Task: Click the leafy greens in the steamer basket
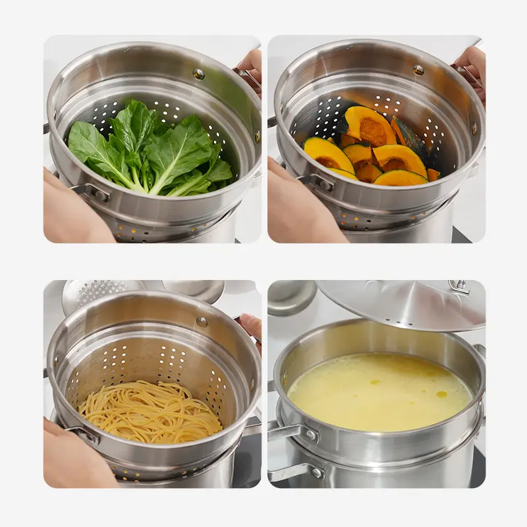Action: click(x=148, y=152)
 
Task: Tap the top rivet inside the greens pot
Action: click(x=198, y=74)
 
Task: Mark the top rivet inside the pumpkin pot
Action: click(x=418, y=69)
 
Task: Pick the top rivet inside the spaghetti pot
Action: click(x=202, y=321)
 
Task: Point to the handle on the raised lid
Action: click(x=459, y=287)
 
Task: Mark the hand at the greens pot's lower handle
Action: click(x=69, y=211)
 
